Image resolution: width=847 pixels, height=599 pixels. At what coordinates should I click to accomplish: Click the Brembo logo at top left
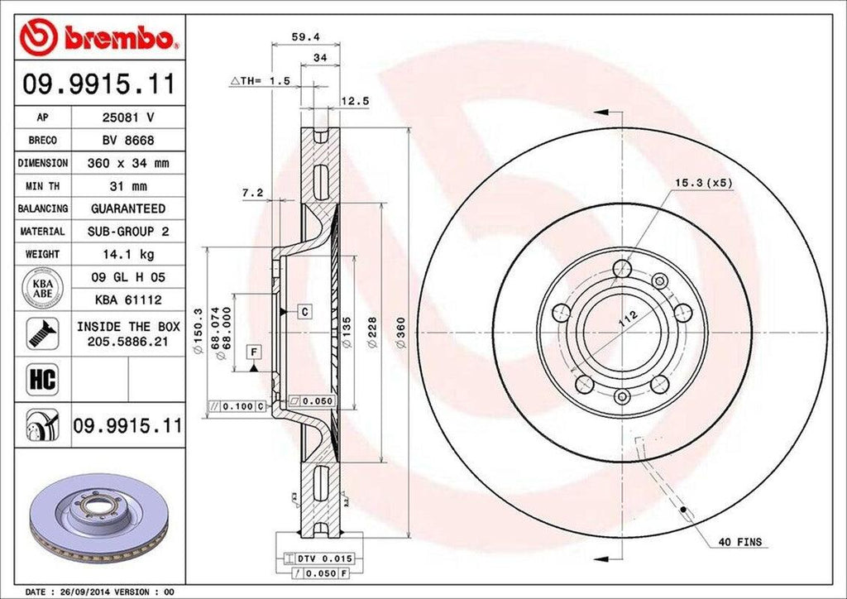coord(99,37)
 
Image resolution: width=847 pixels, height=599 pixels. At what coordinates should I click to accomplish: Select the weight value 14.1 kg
coord(127,254)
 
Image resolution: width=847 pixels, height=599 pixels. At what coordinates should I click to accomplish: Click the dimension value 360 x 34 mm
coord(127,164)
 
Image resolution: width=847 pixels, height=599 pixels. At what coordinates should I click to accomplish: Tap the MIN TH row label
coord(42,186)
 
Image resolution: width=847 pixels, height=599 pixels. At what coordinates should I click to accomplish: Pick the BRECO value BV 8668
coord(127,141)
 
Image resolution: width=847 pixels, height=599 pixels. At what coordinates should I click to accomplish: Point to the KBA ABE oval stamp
coord(42,288)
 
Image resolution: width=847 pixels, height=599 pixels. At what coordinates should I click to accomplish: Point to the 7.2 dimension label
coord(252,193)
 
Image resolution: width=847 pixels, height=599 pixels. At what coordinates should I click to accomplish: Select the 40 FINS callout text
coord(740,543)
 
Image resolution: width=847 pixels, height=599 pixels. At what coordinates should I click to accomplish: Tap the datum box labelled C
coord(304,312)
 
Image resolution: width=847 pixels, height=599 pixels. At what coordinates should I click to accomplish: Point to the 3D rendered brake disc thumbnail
coord(90,517)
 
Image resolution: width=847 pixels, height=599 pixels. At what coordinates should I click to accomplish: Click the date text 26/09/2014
coord(91,592)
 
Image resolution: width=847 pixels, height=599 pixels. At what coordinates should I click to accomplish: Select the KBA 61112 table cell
coord(127,299)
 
